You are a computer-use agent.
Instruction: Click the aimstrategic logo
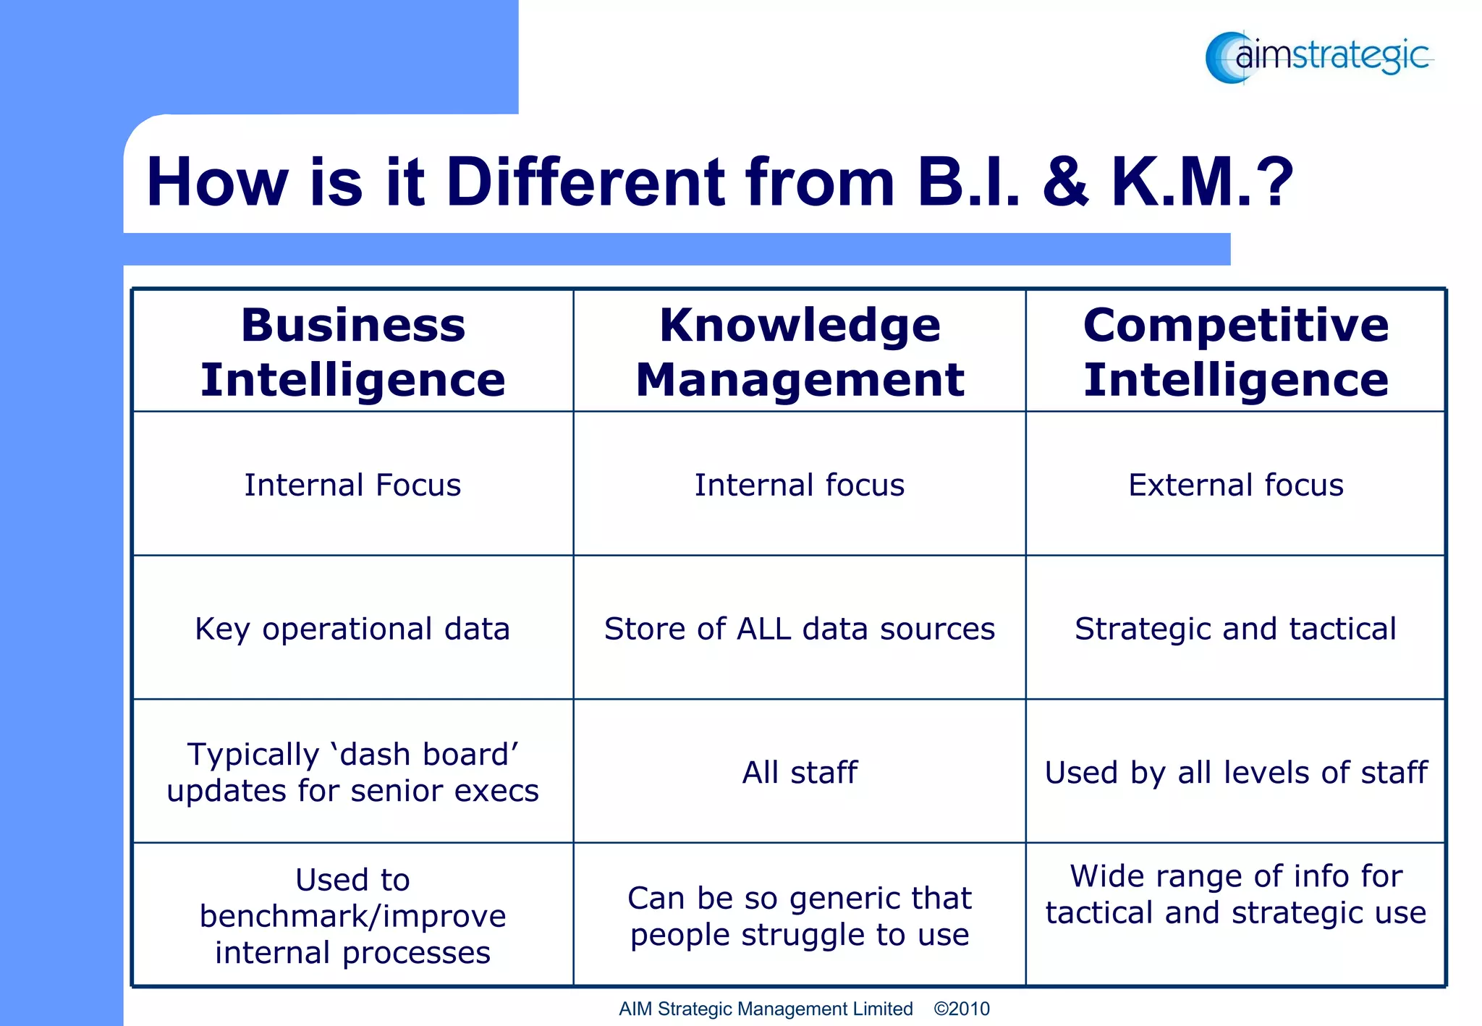[x=1318, y=56]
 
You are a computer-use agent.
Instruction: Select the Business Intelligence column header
[x=352, y=352]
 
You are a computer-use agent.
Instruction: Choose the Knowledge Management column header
[x=800, y=352]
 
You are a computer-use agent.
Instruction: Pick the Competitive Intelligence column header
[x=1235, y=352]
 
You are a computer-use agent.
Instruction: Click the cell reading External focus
[x=1235, y=485]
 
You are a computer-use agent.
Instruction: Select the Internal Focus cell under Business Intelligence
[x=352, y=485]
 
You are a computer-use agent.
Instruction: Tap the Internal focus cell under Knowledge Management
[x=800, y=485]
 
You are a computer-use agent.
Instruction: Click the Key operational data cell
[x=352, y=629]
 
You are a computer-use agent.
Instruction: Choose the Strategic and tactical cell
[x=1235, y=629]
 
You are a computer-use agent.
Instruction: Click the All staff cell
[x=800, y=773]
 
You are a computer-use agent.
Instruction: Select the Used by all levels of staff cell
[x=1235, y=773]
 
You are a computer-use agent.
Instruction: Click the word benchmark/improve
[x=352, y=917]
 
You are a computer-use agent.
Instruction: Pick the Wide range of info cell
[x=1235, y=894]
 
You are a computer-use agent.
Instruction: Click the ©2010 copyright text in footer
[x=961, y=1009]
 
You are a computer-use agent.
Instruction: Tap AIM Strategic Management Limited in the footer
[x=765, y=1009]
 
